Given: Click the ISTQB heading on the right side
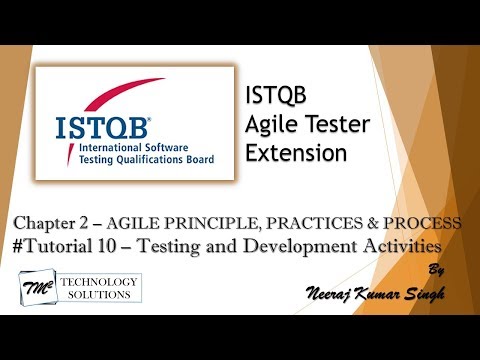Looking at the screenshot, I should [x=271, y=98].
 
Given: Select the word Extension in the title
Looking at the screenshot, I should [x=296, y=154].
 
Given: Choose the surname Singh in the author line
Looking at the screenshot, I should [x=418, y=291].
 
